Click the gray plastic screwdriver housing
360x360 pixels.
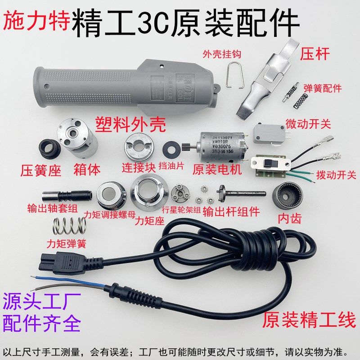coord(112,85)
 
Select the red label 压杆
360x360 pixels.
coord(315,54)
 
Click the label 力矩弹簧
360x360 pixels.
coord(67,244)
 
